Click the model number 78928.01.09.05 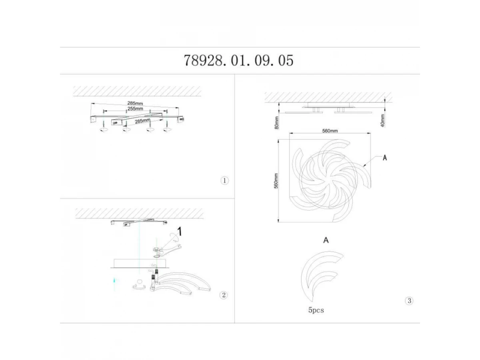[x=238, y=60]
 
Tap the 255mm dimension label [x=135, y=109]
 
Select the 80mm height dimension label [x=277, y=123]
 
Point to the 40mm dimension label [x=382, y=120]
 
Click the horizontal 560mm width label [x=330, y=131]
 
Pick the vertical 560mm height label [x=276, y=181]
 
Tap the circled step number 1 [x=224, y=181]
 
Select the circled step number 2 [x=224, y=295]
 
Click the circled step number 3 [x=409, y=301]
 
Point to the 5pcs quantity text [x=316, y=310]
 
